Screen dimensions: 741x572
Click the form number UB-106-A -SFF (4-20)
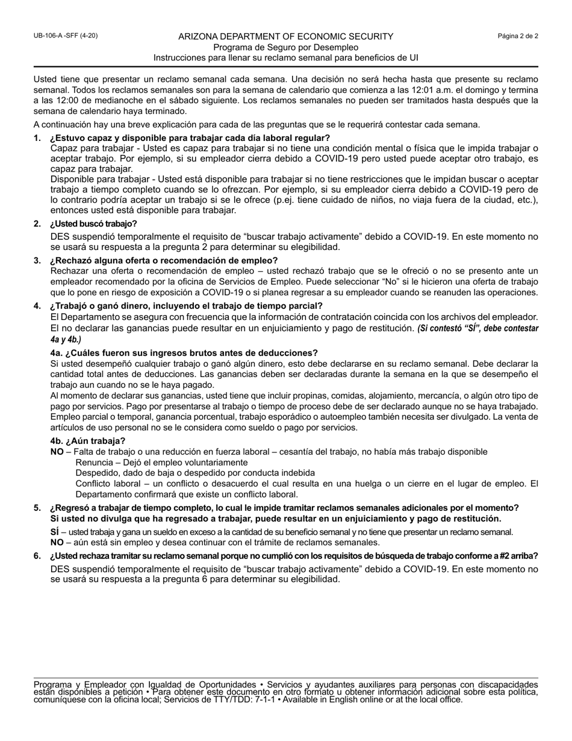[65, 36]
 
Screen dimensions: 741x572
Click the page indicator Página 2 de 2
[518, 36]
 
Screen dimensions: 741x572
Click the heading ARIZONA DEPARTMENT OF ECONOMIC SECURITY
[286, 37]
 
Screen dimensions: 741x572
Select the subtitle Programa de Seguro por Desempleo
[286, 48]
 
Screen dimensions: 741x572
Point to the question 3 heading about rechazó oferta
[164, 260]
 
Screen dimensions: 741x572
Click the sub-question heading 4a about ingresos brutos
[184, 353]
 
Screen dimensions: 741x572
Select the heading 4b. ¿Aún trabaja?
[88, 441]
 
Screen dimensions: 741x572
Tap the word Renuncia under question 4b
[94, 463]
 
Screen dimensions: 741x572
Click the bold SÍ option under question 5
[55, 532]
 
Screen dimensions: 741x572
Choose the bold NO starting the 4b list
[57, 452]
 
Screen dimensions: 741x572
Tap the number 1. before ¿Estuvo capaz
[37, 138]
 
